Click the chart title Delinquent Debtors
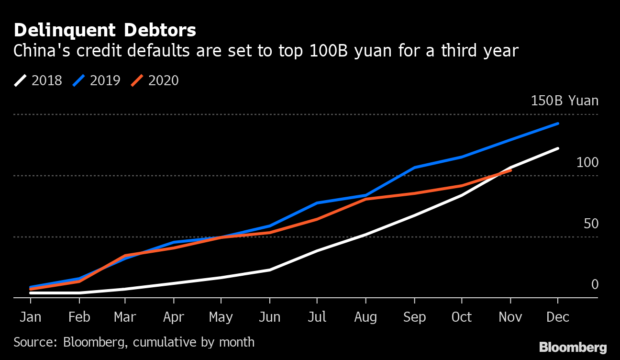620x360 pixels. click(x=105, y=30)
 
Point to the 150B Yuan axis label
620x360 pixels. click(x=565, y=101)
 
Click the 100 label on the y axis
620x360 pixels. click(x=587, y=163)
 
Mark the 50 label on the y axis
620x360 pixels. click(x=591, y=224)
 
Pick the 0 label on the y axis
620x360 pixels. click(x=595, y=284)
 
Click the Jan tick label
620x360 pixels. click(x=30, y=317)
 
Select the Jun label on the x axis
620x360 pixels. click(x=270, y=317)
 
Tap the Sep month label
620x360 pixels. click(x=414, y=317)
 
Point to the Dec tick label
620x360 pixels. click(x=557, y=317)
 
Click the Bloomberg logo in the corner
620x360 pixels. click(x=573, y=347)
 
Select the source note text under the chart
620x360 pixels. click(x=134, y=342)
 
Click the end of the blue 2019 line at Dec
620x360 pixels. click(x=558, y=124)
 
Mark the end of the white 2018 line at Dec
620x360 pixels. click(x=558, y=148)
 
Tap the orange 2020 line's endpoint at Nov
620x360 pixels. click(x=511, y=170)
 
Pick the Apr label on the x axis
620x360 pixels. click(x=174, y=317)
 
